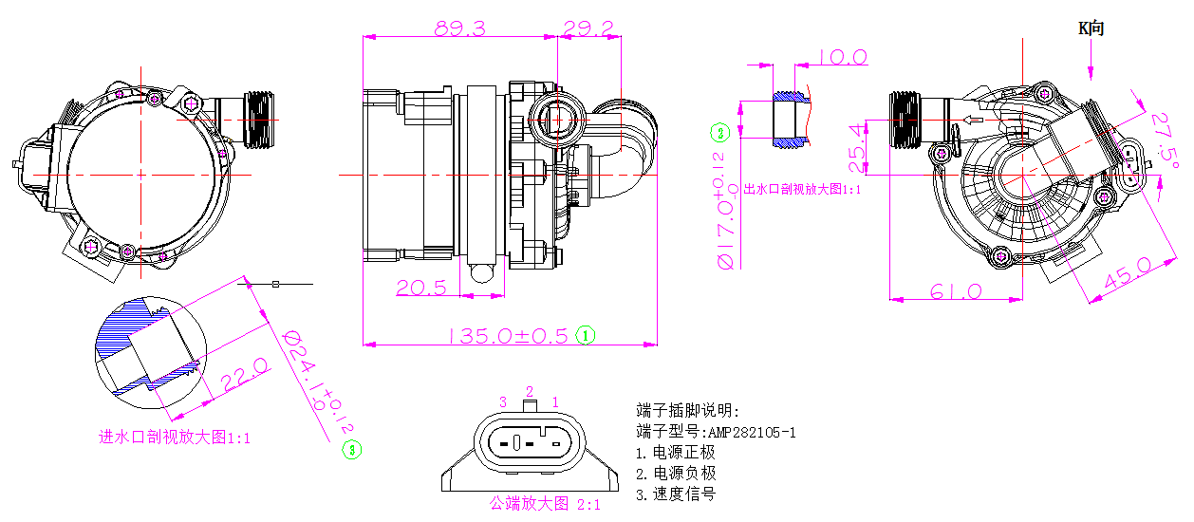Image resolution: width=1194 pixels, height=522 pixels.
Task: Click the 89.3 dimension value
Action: click(459, 28)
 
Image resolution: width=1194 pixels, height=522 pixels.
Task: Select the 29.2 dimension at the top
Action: click(588, 28)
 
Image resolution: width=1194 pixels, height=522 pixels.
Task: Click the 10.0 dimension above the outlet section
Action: click(842, 58)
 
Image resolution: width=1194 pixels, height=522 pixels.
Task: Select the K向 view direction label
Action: click(1091, 28)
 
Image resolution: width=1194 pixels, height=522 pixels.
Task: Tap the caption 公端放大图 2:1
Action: click(545, 503)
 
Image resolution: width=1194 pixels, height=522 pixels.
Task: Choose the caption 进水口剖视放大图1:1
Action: click(175, 438)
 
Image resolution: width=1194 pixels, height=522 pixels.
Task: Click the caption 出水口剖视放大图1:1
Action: click(802, 189)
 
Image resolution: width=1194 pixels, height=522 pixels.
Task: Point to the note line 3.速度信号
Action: click(675, 494)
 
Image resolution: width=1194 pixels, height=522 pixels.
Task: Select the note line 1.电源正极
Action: click(675, 453)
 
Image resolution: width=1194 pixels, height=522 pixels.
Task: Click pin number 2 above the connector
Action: click(531, 391)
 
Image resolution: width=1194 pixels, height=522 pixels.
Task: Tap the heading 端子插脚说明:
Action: click(686, 411)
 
